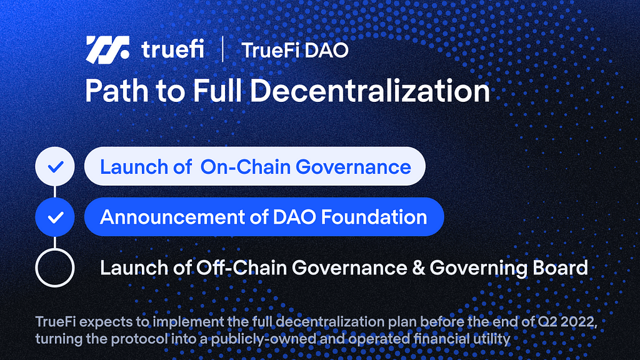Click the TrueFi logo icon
107,50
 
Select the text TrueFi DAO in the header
295,50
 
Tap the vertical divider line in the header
222,49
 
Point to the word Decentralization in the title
370,90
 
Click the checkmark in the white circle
55,166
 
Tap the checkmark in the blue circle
55,217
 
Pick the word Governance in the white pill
353,167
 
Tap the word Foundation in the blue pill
374,217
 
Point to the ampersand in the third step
418,268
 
